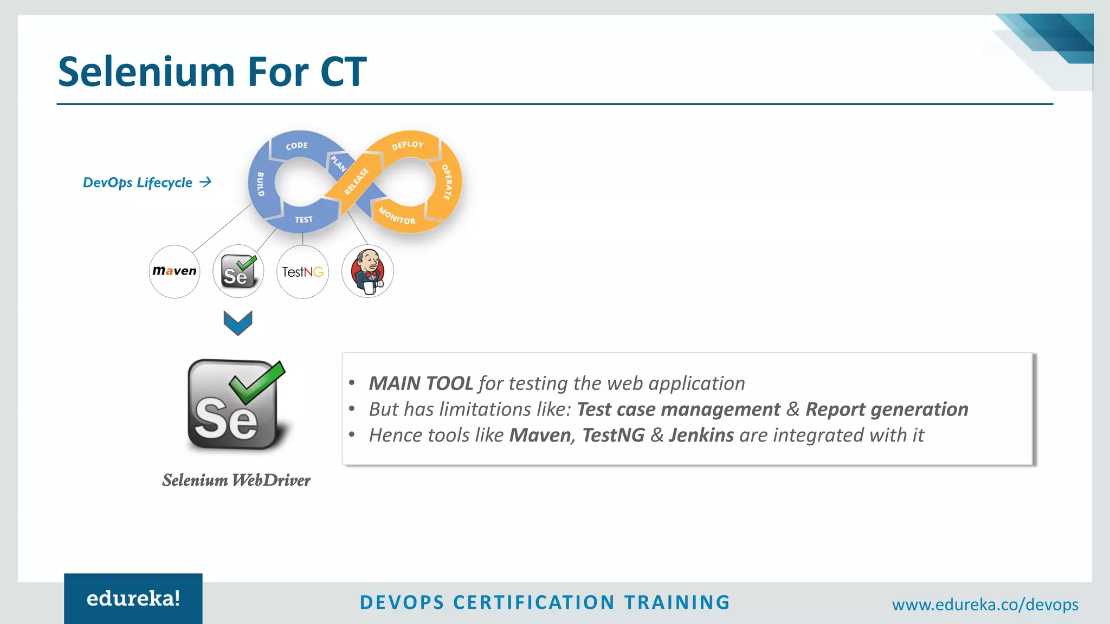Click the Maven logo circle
click(175, 271)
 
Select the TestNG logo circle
click(302, 272)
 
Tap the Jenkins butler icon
click(367, 271)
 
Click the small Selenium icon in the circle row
click(238, 271)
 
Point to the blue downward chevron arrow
click(238, 323)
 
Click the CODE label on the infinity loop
click(296, 146)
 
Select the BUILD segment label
click(260, 184)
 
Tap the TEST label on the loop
click(304, 219)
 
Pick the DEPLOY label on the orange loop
click(408, 145)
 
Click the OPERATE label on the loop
click(447, 182)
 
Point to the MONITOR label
click(397, 216)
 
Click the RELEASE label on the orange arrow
click(356, 181)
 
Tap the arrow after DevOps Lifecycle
click(205, 183)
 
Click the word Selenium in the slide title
click(147, 72)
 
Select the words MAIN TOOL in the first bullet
click(421, 383)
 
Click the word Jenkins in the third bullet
click(701, 435)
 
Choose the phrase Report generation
click(887, 409)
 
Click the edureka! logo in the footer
click(133, 599)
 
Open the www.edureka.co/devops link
click(985, 604)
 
